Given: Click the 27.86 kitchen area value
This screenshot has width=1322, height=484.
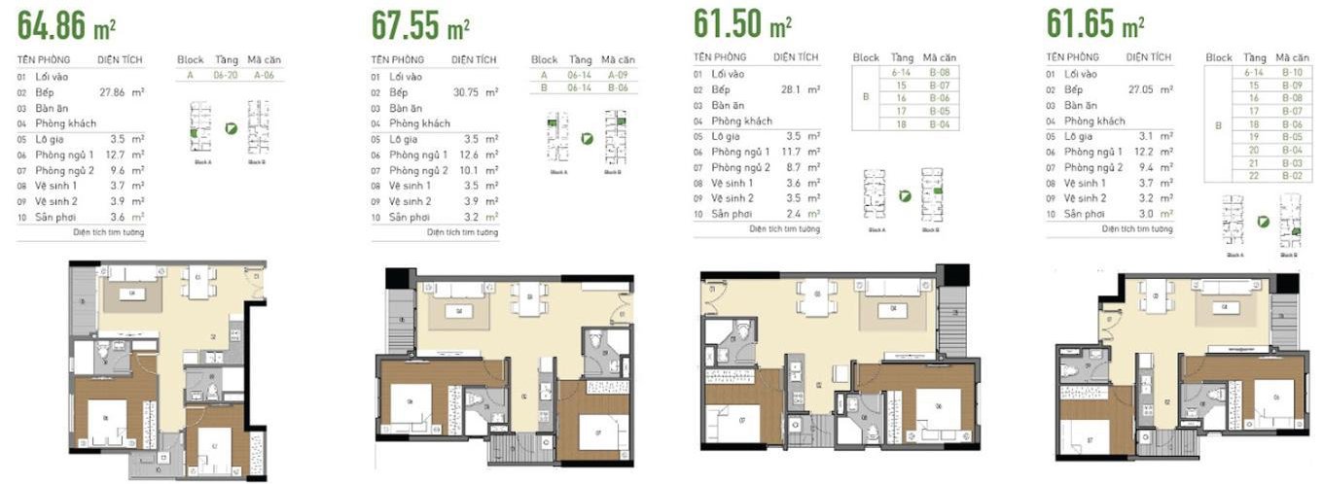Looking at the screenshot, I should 114,91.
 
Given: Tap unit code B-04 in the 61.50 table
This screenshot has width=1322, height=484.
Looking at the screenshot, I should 940,124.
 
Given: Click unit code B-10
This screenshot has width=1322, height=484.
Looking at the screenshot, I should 1292,72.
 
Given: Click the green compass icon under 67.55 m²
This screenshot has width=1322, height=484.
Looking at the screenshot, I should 587,139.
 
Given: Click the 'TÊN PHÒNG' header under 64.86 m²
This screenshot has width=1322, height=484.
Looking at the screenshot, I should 42,59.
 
